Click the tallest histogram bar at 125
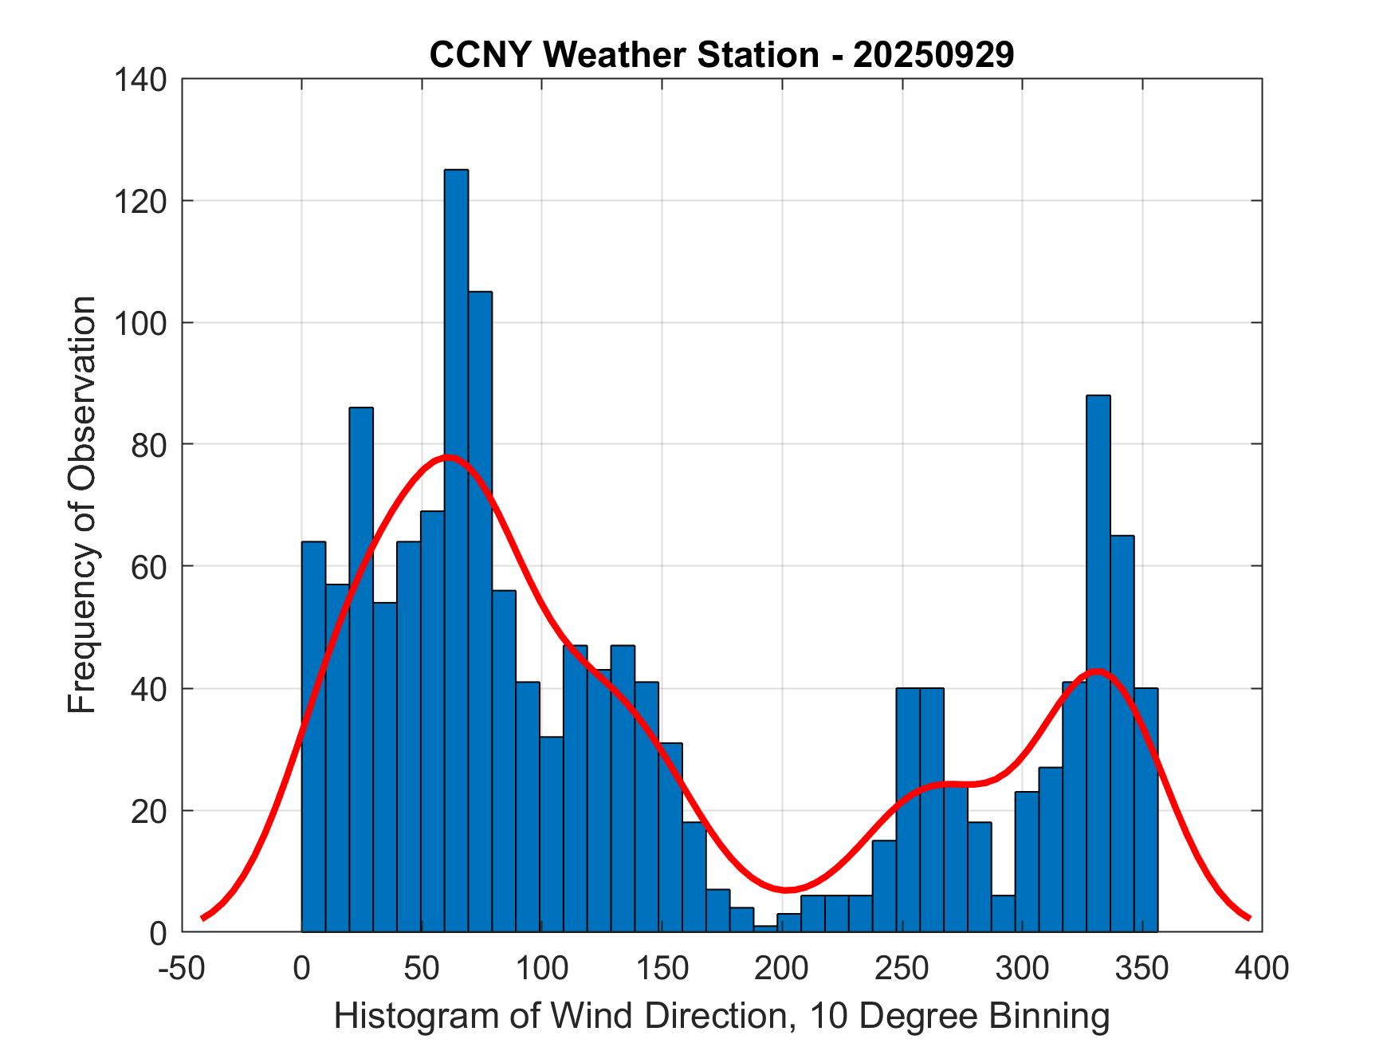click(x=456, y=550)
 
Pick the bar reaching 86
click(x=361, y=669)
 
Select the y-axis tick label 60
click(x=149, y=567)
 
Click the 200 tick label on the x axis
click(x=782, y=968)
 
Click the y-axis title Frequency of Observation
click(x=82, y=506)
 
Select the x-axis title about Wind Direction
click(x=721, y=1016)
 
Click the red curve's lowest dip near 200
click(x=786, y=889)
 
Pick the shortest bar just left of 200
click(x=766, y=929)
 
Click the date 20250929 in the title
click(x=933, y=55)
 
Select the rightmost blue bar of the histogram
click(x=1145, y=809)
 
